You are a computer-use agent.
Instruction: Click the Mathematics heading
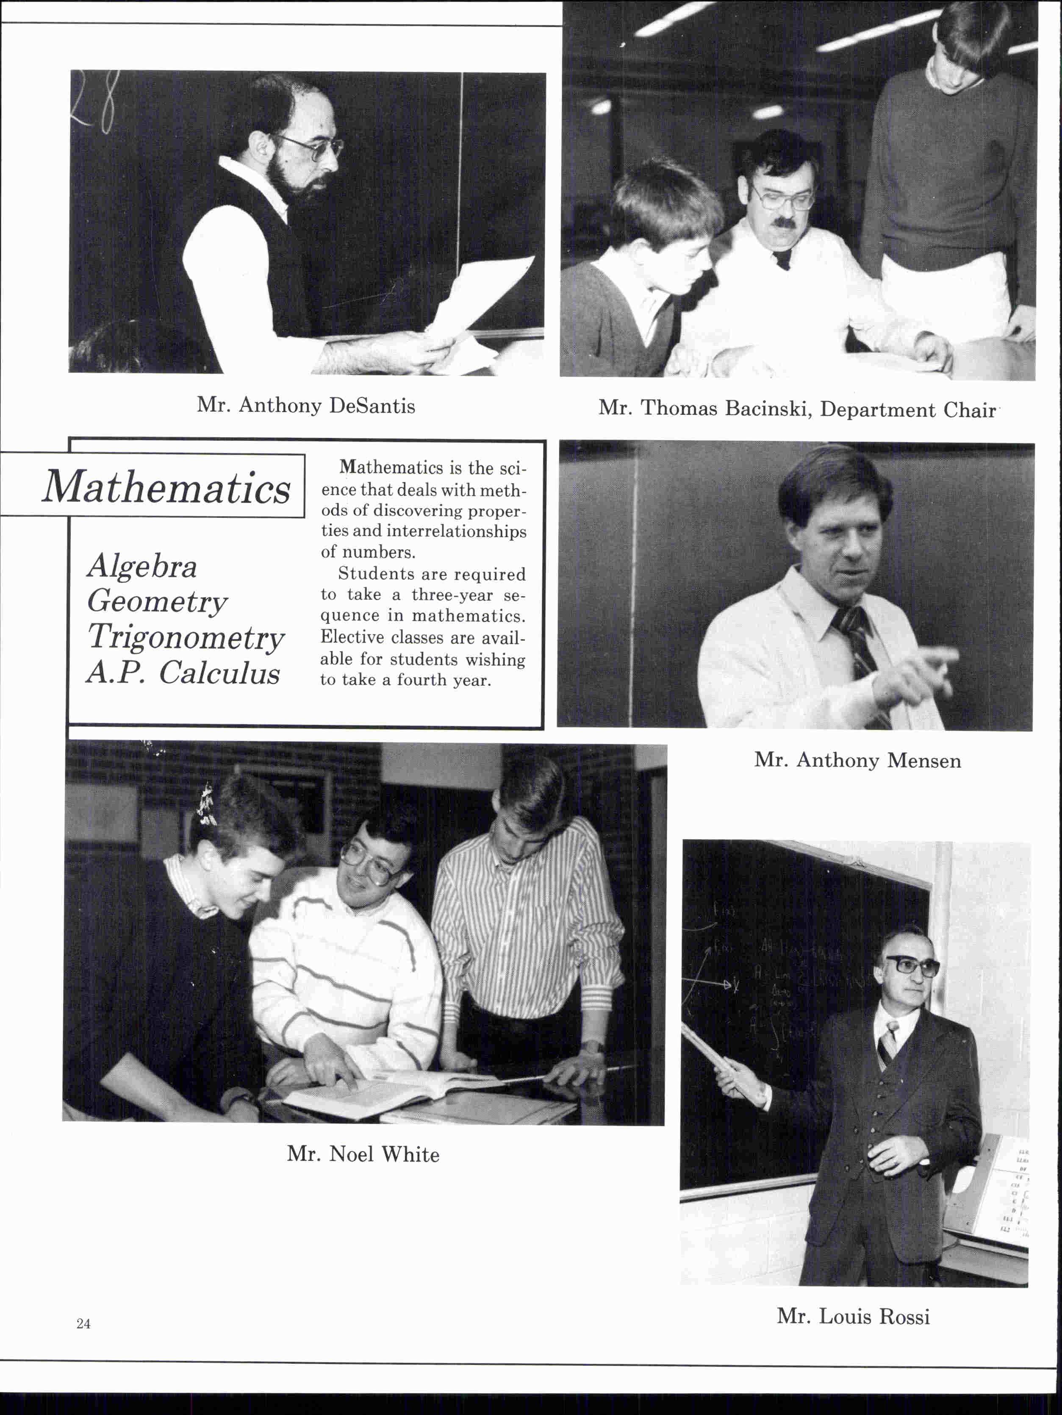click(x=166, y=487)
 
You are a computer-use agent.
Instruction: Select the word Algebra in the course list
click(x=142, y=567)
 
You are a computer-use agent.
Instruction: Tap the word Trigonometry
click(x=186, y=637)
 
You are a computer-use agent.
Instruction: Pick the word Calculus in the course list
click(x=219, y=673)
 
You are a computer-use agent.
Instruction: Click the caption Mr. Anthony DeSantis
click(x=305, y=406)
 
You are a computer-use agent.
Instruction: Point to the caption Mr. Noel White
click(x=363, y=1154)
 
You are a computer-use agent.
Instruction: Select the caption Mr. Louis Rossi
click(x=853, y=1316)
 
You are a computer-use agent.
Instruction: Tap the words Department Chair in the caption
click(x=908, y=409)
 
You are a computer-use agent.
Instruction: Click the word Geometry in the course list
click(x=157, y=601)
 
